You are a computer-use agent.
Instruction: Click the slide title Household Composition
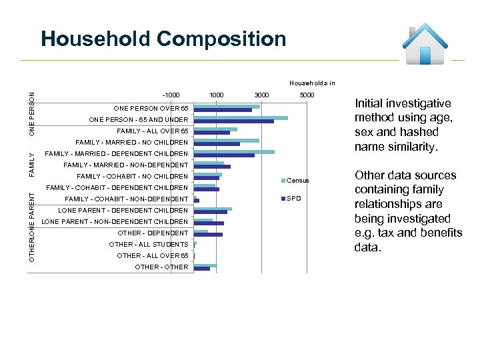pyautogui.click(x=163, y=39)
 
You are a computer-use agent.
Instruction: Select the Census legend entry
pyautogui.click(x=297, y=181)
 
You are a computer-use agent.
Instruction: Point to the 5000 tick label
pyautogui.click(x=307, y=95)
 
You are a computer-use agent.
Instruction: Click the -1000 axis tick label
pyautogui.click(x=171, y=95)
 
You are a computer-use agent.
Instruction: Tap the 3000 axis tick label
pyautogui.click(x=261, y=95)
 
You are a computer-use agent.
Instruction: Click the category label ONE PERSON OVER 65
pyautogui.click(x=151, y=108)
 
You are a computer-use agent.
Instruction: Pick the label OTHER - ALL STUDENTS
pyautogui.click(x=149, y=244)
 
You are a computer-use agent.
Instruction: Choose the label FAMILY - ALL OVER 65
pyautogui.click(x=152, y=131)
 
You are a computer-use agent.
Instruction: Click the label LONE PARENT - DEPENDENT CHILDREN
pyautogui.click(x=123, y=210)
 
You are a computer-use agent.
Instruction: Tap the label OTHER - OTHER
pyautogui.click(x=161, y=267)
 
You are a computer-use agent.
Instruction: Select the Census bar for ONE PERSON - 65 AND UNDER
pyautogui.click(x=241, y=118)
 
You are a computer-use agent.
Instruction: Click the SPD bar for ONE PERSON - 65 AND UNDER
pyautogui.click(x=233, y=121)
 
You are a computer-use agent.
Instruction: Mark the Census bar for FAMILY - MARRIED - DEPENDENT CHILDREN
pyautogui.click(x=234, y=152)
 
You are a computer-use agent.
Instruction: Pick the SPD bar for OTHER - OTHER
pyautogui.click(x=201, y=269)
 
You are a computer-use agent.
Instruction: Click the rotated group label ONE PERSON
pyautogui.click(x=32, y=114)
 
